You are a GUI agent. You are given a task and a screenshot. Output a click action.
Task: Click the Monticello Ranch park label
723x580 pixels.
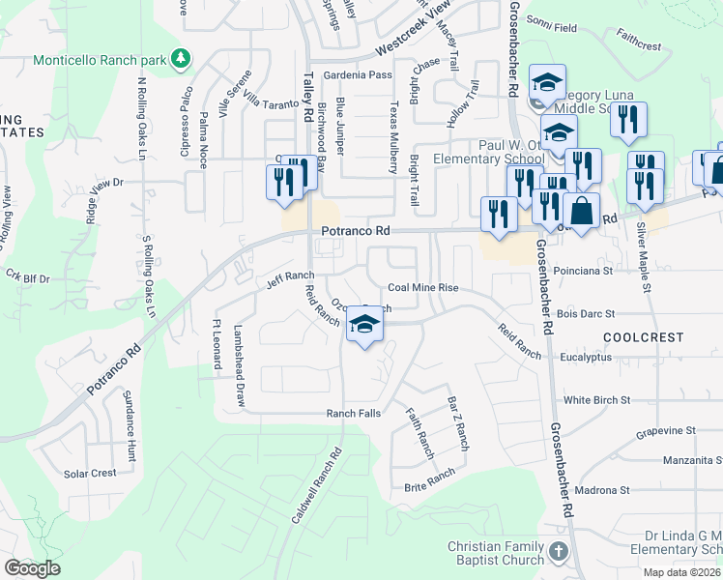click(x=100, y=60)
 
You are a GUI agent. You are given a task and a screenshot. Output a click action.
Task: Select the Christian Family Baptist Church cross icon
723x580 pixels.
click(x=558, y=553)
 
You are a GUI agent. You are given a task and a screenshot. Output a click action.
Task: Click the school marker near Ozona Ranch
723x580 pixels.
click(x=364, y=326)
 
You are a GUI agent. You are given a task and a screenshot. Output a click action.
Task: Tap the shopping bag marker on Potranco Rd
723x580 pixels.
click(x=582, y=211)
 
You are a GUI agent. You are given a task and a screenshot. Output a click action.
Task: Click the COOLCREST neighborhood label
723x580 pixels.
click(x=643, y=337)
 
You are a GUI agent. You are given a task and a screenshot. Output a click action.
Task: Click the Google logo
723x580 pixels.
click(x=32, y=568)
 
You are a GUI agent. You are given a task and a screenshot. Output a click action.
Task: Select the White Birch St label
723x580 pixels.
click(x=596, y=399)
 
